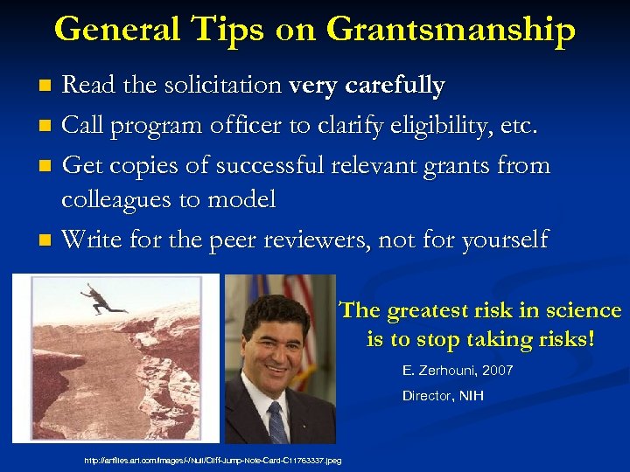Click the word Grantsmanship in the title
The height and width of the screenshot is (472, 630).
click(451, 31)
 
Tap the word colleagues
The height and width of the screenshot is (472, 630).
click(119, 199)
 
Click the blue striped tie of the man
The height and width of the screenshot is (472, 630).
click(277, 420)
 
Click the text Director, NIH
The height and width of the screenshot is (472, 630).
click(443, 396)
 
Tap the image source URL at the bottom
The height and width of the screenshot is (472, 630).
click(213, 460)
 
